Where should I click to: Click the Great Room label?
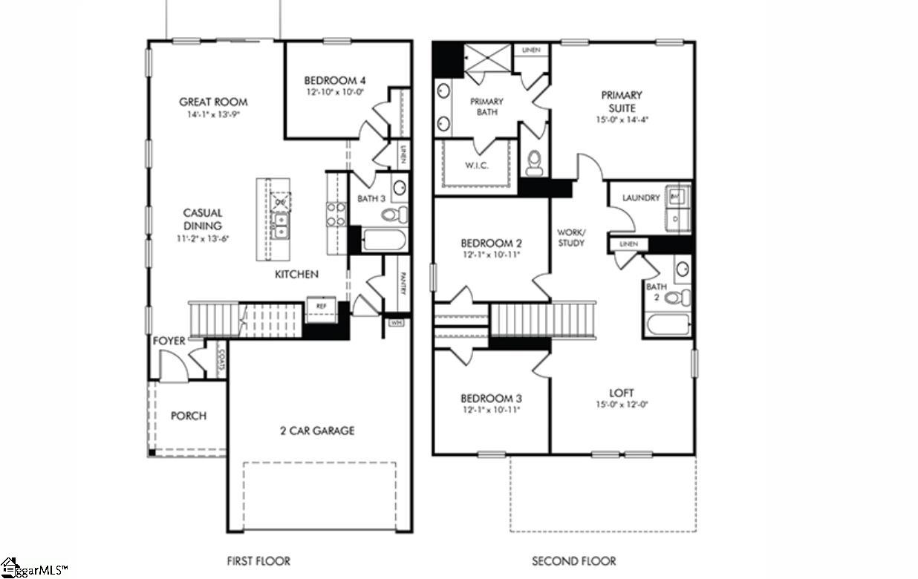pos(213,102)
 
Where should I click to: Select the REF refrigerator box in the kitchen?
pos(321,306)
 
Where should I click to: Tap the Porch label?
pos(189,416)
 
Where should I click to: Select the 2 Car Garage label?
pos(317,431)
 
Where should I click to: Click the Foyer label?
pos(169,341)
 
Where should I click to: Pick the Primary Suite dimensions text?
pos(622,120)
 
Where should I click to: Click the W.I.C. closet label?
pos(476,166)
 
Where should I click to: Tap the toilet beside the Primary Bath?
pos(533,163)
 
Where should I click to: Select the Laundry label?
pos(641,198)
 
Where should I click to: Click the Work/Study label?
pos(571,238)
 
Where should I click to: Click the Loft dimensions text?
pos(622,405)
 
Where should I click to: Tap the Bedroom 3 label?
pos(491,398)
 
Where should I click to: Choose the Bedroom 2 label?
pos(491,243)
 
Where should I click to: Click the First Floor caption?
pos(258,560)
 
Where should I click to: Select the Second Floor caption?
pos(573,560)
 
